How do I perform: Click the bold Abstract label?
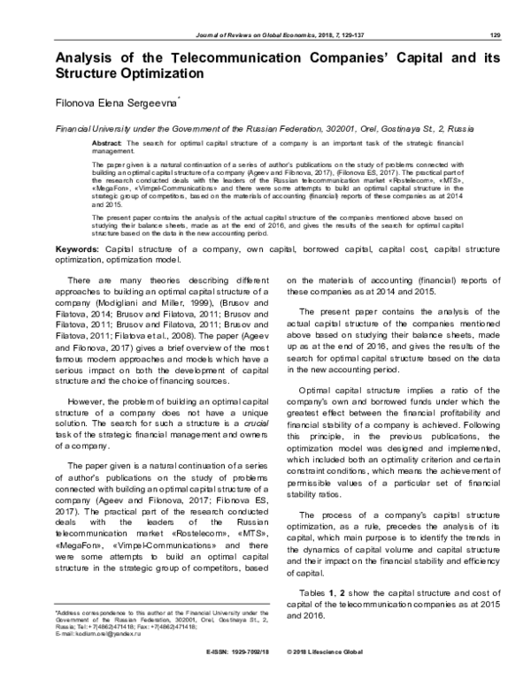point(107,141)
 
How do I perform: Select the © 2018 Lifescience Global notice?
point(333,676)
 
